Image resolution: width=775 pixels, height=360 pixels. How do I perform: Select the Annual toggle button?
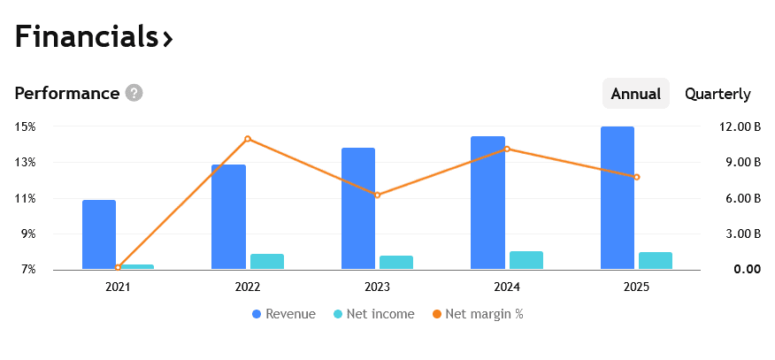click(635, 94)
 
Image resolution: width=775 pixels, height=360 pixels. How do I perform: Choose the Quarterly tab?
click(717, 94)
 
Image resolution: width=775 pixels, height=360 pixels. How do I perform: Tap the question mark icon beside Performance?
click(134, 93)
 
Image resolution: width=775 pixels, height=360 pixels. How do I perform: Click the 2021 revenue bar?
click(99, 234)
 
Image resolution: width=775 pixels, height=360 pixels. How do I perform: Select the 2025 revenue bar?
click(618, 198)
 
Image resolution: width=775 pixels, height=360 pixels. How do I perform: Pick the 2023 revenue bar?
click(358, 209)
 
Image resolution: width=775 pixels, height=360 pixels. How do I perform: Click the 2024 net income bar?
click(526, 260)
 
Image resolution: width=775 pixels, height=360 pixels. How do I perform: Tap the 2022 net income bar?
click(267, 261)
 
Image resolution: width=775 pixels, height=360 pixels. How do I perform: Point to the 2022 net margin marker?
click(248, 139)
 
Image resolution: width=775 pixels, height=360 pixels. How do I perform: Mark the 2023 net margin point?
click(377, 195)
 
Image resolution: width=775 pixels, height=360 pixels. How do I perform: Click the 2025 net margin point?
click(636, 177)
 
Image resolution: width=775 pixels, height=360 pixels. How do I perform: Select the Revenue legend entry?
click(283, 314)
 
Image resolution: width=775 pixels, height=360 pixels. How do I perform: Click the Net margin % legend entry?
click(478, 314)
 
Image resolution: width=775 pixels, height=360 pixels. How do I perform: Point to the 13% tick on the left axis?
click(25, 163)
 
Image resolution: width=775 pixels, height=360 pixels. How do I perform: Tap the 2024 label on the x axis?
click(507, 287)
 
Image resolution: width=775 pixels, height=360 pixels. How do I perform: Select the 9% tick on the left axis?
click(25, 234)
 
